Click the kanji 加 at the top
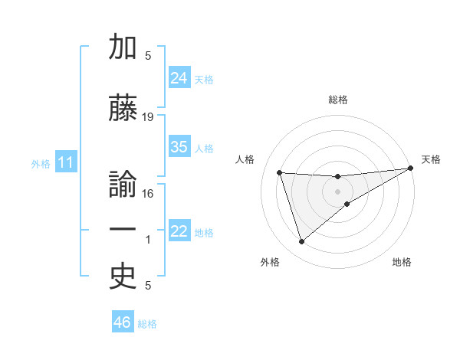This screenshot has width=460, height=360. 123,47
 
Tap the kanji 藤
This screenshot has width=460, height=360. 123,109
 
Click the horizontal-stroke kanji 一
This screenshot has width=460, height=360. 123,231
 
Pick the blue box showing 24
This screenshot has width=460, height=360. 179,78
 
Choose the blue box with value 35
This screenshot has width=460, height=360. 179,147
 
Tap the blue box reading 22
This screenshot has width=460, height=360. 179,231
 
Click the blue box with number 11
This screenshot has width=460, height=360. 65,162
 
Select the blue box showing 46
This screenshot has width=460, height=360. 123,322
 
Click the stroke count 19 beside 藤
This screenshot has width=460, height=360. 148,117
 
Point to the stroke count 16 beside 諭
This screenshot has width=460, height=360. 148,193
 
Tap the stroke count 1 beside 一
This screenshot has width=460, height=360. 148,240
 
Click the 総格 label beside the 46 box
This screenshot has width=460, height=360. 147,324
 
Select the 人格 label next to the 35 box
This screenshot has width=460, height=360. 204,149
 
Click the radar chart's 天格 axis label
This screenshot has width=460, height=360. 431,159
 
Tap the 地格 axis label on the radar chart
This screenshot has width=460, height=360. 402,262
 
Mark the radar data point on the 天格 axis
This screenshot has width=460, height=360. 411,169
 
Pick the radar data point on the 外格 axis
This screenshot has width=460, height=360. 301,242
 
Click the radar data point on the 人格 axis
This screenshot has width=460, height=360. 280,173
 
